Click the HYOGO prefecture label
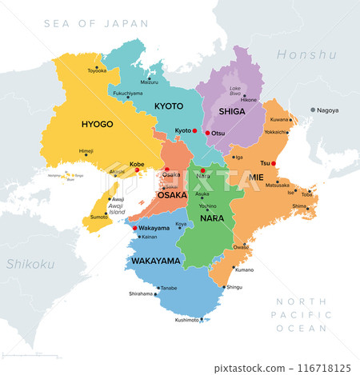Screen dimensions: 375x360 click(97, 125)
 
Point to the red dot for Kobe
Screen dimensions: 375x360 click(138, 170)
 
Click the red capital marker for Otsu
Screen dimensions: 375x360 click(207, 133)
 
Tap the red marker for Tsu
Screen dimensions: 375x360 click(274, 163)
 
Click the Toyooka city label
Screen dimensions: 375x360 click(97, 71)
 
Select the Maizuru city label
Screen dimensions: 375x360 click(150, 82)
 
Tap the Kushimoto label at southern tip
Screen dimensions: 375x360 click(187, 319)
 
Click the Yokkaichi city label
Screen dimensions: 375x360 click(275, 130)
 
